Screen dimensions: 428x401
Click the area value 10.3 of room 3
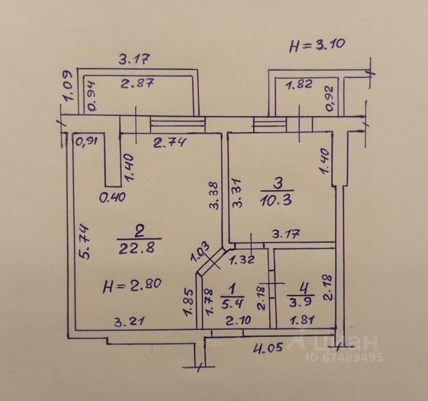pos(278,200)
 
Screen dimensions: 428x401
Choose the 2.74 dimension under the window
pos(169,143)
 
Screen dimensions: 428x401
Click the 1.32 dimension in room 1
pos(243,260)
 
